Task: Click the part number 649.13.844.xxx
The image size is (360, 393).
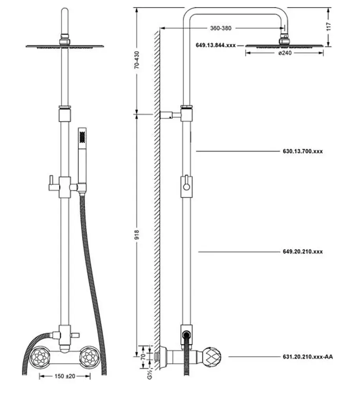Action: (215, 45)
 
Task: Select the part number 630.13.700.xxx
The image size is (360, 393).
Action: (302, 151)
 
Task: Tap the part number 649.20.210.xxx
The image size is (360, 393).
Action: (302, 252)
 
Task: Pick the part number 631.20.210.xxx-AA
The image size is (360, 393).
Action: (307, 357)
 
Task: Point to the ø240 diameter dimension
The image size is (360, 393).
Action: (285, 53)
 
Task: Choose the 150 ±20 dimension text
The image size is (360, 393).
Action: (65, 376)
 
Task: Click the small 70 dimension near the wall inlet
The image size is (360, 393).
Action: (143, 357)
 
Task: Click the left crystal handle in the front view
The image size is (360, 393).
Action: (41, 357)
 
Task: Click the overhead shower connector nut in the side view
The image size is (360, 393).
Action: (283, 40)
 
